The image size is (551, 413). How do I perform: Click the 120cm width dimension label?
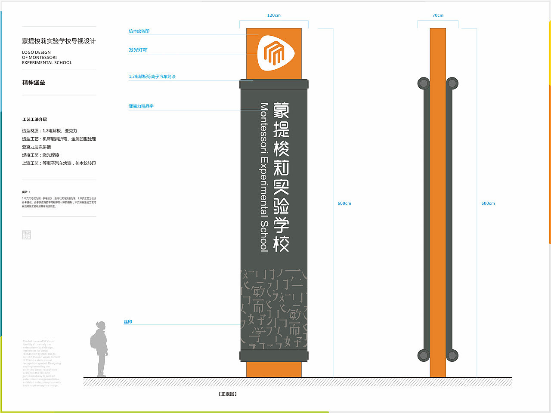pyautogui.click(x=274, y=15)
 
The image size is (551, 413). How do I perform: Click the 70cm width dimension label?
pyautogui.click(x=438, y=15)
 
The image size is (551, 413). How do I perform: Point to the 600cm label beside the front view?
pyautogui.click(x=344, y=203)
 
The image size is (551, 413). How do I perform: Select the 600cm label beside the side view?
pyautogui.click(x=488, y=203)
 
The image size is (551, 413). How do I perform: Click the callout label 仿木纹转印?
pyautogui.click(x=139, y=31)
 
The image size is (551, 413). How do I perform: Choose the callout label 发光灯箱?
pyautogui.click(x=138, y=50)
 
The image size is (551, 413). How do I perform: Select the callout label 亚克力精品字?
pyautogui.click(x=141, y=106)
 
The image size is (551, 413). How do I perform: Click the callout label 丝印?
pyautogui.click(x=128, y=322)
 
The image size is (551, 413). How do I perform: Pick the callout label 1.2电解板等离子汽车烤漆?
pyautogui.click(x=152, y=77)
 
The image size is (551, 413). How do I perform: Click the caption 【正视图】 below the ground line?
pyautogui.click(x=228, y=394)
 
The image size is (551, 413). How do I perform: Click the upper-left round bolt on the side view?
pyautogui.click(x=424, y=83)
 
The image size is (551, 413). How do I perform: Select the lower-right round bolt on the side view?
pyautogui.click(x=452, y=355)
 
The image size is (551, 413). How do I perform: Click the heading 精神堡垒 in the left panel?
pyautogui.click(x=34, y=83)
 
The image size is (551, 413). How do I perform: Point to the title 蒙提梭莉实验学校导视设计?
pyautogui.click(x=59, y=41)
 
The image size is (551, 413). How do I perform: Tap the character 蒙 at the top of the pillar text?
pyautogui.click(x=282, y=111)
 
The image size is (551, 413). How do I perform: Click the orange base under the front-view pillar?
pyautogui.click(x=274, y=369)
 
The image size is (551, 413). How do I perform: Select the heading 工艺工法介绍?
pyautogui.click(x=34, y=120)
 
